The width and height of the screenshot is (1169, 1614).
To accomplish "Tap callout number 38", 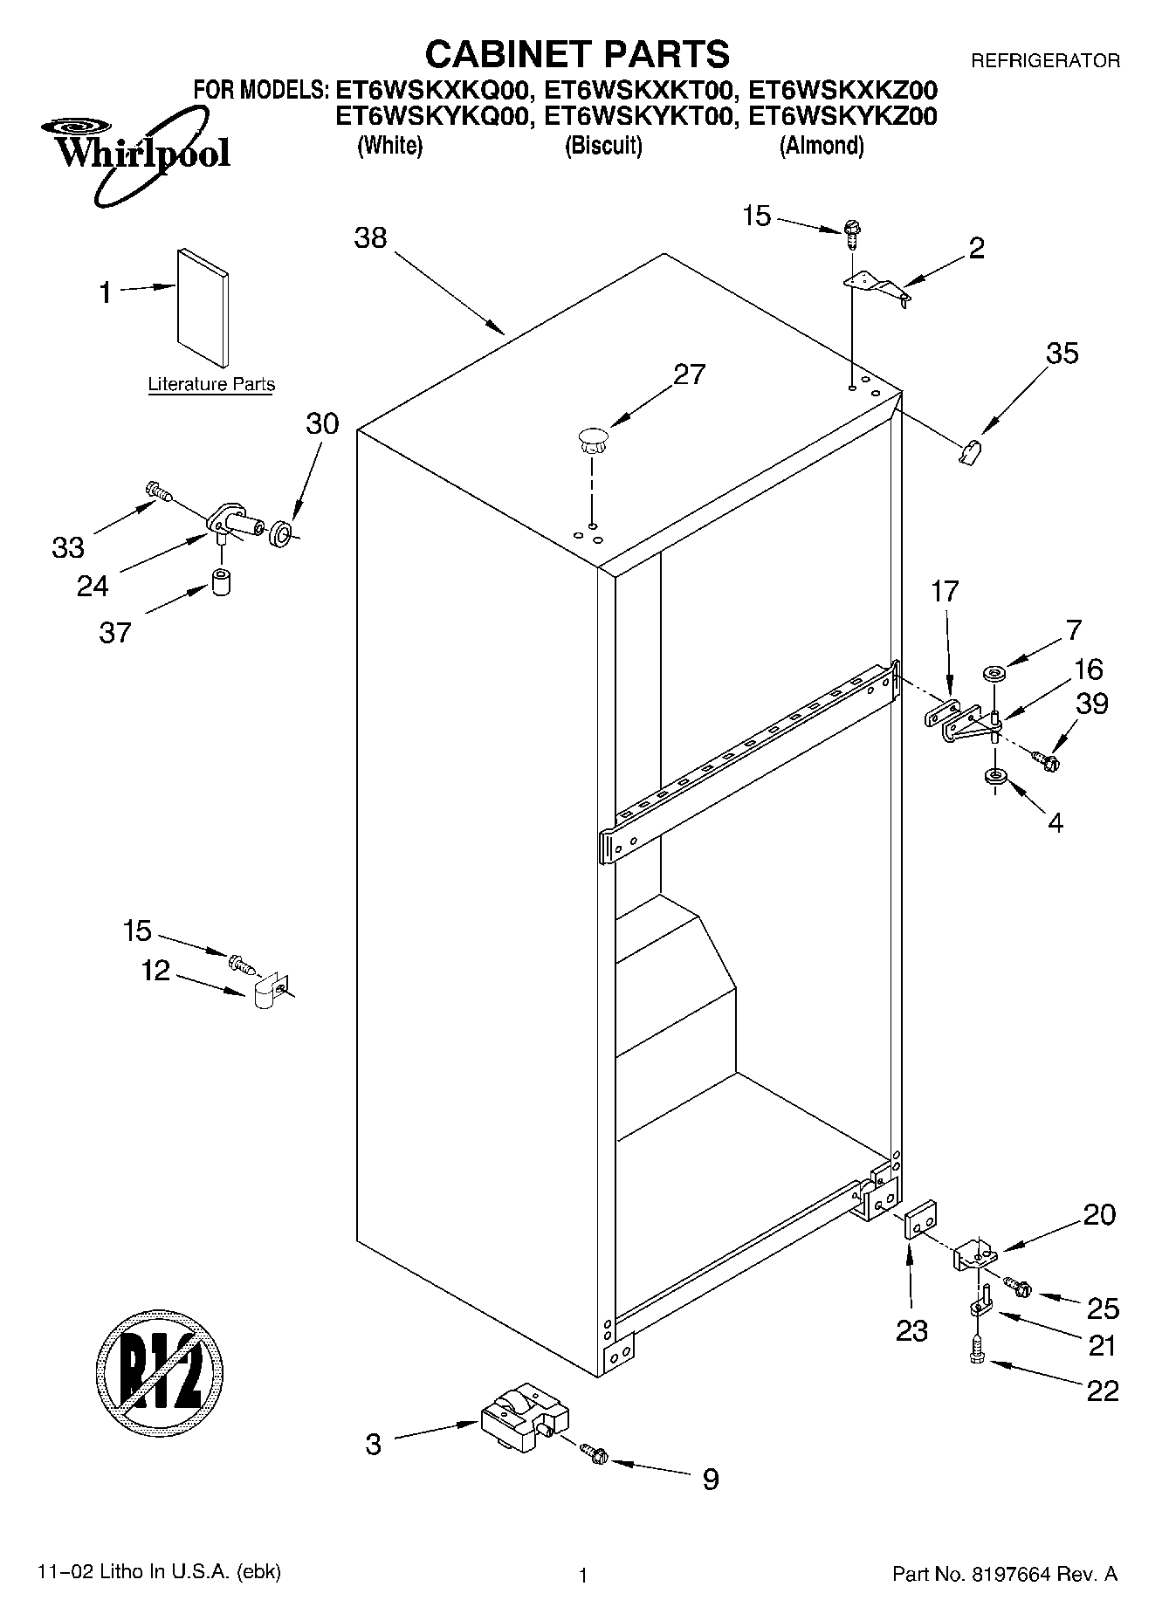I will click(370, 237).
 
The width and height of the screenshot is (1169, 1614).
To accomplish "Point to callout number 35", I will click(1062, 354).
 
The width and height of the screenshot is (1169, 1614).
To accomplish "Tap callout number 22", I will click(1102, 1390).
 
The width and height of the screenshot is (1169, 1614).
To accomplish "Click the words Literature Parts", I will click(211, 384).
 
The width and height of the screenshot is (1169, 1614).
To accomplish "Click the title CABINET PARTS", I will click(577, 54).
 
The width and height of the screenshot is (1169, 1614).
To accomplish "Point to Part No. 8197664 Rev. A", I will click(1004, 1574).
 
